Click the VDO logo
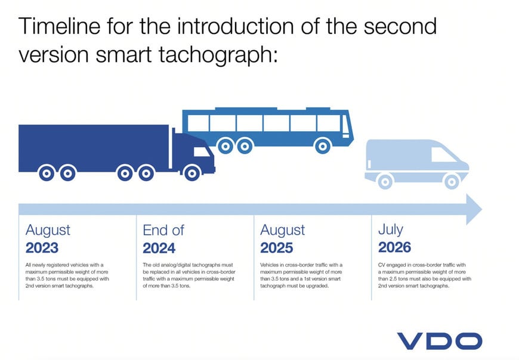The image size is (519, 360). pos(440,341)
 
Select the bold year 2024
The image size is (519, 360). pos(159,247)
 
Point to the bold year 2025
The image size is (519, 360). pos(277,247)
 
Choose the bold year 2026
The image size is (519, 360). pos(395,247)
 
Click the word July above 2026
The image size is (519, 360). pos(391,230)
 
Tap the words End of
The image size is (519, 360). pos(163,230)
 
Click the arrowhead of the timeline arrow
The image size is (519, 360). pos(473,209)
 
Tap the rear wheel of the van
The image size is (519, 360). pos(385,181)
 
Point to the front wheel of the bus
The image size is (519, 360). pos(323,145)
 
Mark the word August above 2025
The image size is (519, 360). pos(283,230)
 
